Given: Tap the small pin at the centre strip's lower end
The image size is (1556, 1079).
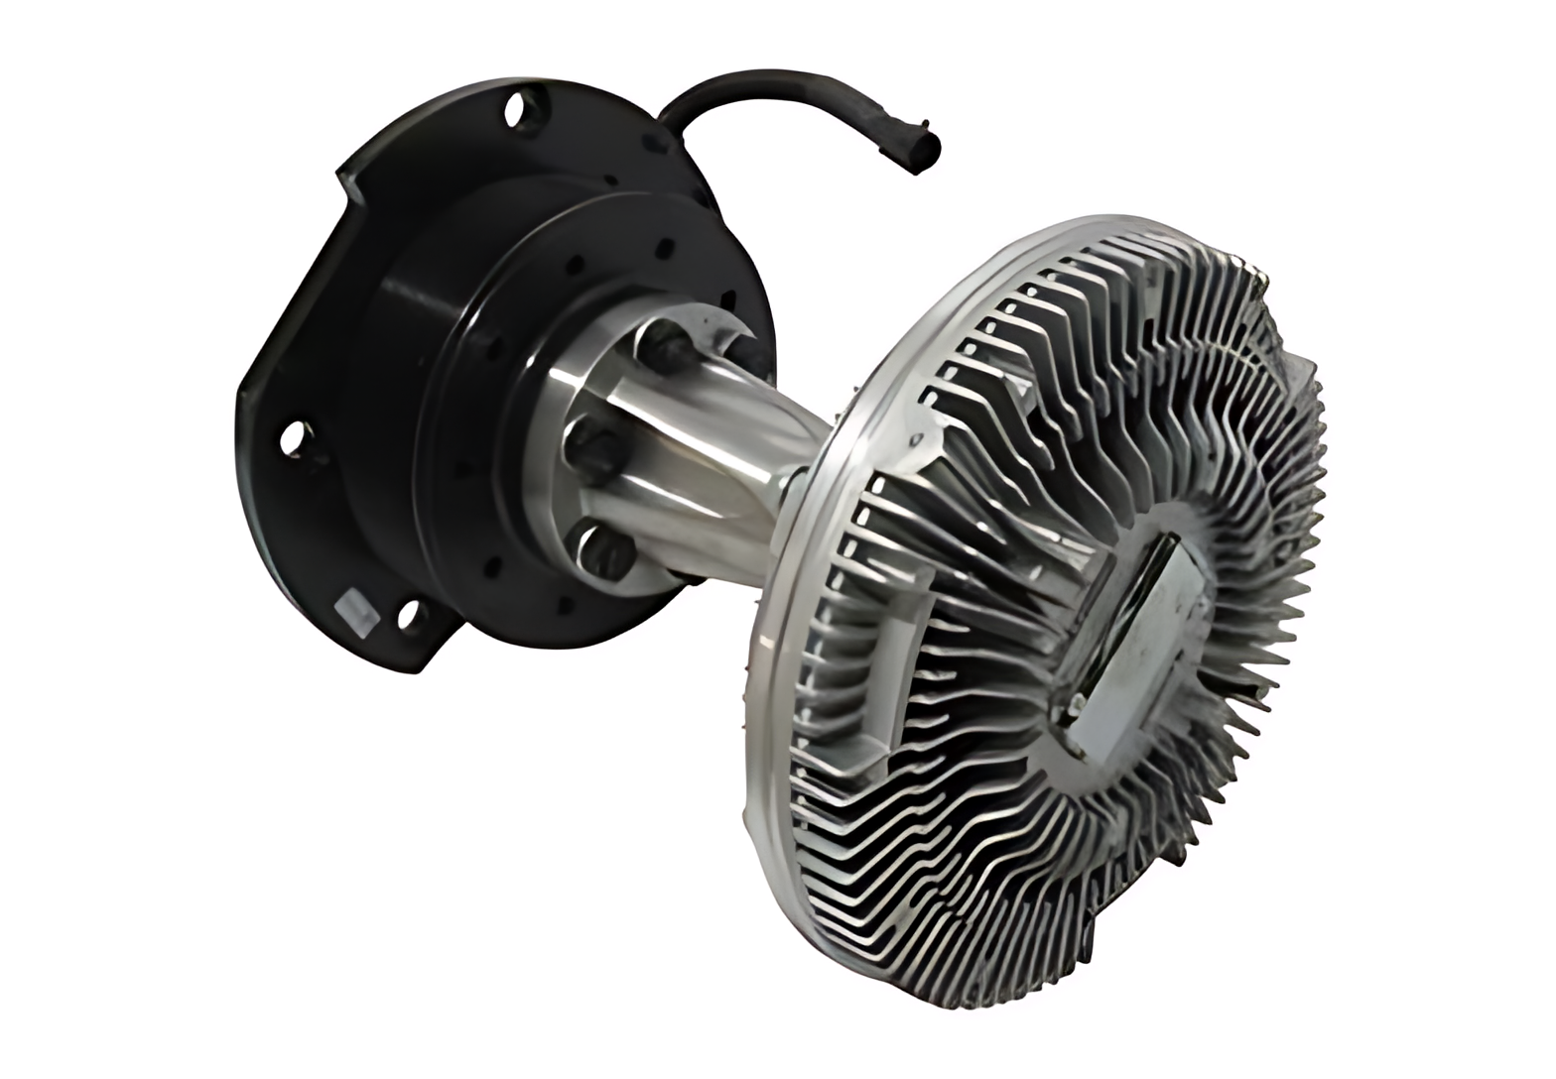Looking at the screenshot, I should (x=1075, y=706).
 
